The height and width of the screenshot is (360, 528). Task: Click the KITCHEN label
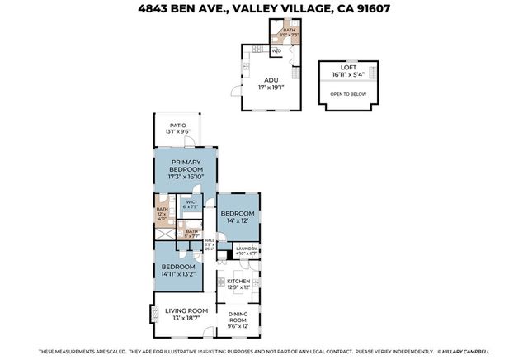[x=238, y=282]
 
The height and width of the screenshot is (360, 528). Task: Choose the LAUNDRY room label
[x=247, y=248]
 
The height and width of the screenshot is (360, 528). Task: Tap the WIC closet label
[x=190, y=201]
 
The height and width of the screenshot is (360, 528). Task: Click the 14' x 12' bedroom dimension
[x=238, y=220]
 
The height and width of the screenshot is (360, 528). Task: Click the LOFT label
[x=348, y=67]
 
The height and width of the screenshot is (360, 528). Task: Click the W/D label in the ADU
[x=276, y=51]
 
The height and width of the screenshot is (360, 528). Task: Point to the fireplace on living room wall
[x=151, y=314]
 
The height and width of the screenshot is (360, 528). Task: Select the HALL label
[x=210, y=240]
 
